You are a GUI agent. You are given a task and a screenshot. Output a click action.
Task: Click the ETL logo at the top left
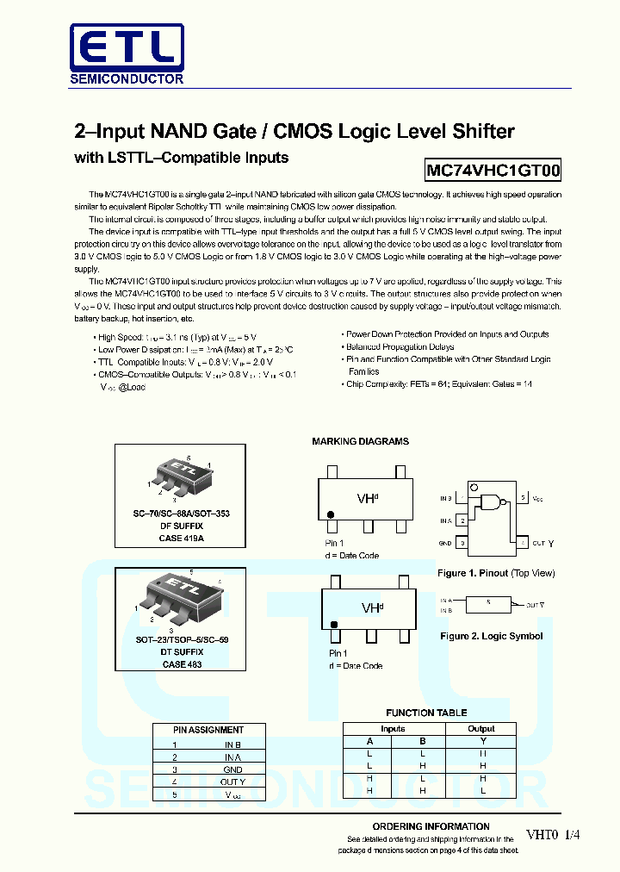127,53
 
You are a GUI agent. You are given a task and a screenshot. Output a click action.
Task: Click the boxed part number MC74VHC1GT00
493,171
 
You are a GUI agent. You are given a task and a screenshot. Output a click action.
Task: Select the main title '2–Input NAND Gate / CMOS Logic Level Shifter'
294,132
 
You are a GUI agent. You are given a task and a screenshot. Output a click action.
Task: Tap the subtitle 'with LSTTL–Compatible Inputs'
182,158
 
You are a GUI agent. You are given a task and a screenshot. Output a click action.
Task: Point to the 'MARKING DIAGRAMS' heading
360,441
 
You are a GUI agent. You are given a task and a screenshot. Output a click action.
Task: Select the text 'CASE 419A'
182,538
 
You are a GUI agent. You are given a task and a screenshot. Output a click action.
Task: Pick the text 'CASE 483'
181,664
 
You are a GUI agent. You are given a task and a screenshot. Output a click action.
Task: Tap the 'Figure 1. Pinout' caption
496,573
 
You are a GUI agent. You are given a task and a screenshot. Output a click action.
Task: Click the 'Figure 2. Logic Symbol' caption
491,636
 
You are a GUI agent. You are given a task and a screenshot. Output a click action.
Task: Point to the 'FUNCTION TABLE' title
426,713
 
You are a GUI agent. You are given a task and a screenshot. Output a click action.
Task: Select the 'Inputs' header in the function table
393,729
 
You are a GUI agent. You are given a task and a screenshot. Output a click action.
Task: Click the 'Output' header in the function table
481,729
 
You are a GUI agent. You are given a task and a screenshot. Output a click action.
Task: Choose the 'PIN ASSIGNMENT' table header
208,730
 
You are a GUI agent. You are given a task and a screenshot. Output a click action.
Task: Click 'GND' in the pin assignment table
232,769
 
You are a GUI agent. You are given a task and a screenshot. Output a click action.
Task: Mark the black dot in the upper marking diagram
330,515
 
